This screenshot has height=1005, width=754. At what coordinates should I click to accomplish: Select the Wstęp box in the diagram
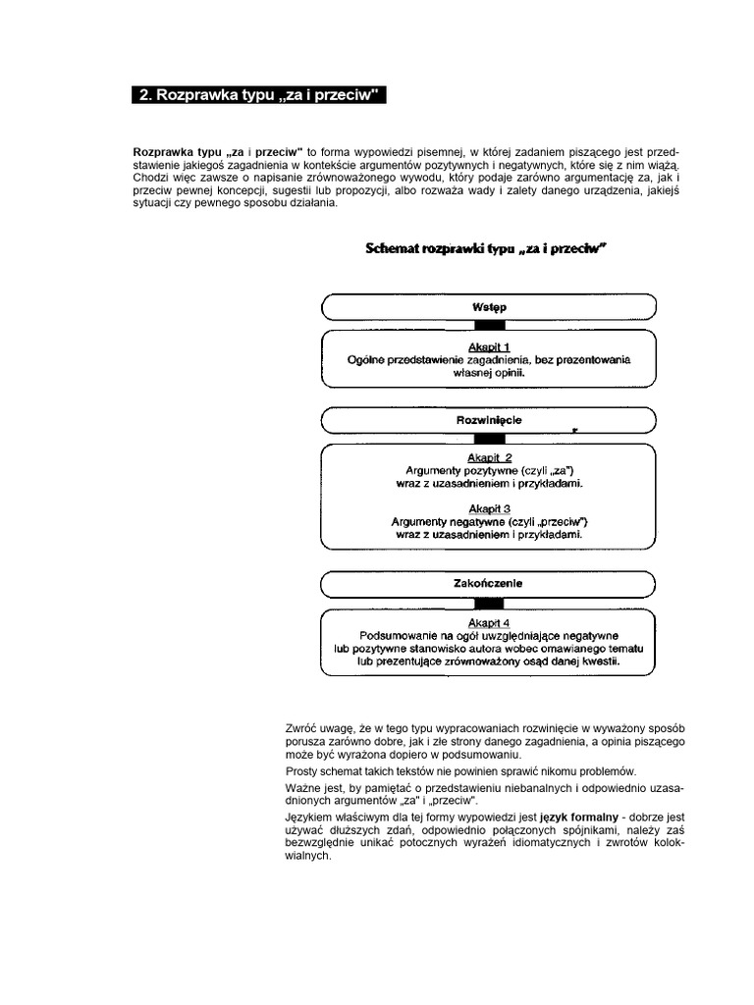click(x=489, y=307)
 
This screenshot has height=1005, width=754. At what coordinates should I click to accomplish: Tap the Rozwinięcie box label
click(x=489, y=420)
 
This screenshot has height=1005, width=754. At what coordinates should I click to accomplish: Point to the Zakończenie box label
click(x=489, y=583)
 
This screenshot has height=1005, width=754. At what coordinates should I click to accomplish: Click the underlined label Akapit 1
click(x=489, y=346)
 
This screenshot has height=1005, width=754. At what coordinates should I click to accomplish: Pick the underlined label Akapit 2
click(x=489, y=457)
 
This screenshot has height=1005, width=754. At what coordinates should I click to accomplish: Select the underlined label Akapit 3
click(x=489, y=508)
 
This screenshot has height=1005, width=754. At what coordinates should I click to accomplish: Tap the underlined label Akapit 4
click(x=489, y=623)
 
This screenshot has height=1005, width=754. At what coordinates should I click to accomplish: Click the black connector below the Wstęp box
click(x=489, y=325)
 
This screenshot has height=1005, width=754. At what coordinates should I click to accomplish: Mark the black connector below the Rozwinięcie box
click(x=489, y=438)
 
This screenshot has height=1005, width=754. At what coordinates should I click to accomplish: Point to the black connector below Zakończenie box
click(x=489, y=602)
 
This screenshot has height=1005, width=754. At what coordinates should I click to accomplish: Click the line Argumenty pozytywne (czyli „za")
click(x=489, y=471)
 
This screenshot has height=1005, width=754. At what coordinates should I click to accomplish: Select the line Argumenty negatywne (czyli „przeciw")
click(x=489, y=522)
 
